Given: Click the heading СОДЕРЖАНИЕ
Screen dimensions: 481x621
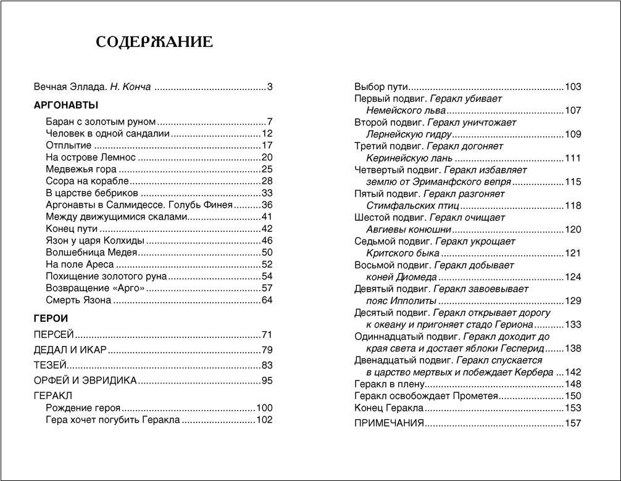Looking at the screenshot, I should click(154, 43).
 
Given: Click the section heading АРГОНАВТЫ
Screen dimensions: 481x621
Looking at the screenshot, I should click(65, 105).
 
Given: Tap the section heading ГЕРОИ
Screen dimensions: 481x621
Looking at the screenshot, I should click(51, 318).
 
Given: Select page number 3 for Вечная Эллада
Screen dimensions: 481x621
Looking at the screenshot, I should click(270, 87).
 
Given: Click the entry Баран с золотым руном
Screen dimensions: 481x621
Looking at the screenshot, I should click(101, 121).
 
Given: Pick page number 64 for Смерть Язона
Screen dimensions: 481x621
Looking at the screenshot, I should click(267, 300).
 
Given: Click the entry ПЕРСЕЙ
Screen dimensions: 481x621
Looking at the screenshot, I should click(54, 335).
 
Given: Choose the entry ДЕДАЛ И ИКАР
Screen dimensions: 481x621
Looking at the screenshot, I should click(70, 350).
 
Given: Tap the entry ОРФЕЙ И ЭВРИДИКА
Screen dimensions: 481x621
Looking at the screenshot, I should click(85, 380).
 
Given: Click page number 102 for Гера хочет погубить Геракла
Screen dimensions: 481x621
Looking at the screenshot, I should click(264, 421).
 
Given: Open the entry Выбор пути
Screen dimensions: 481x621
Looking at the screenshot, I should click(381, 87).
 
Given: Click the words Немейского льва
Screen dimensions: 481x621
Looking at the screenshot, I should click(406, 111).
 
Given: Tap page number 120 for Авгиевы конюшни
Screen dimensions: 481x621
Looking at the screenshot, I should click(573, 229).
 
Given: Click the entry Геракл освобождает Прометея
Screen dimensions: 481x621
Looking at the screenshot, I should click(426, 396).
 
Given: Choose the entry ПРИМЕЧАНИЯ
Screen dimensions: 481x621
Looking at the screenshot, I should click(389, 423).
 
